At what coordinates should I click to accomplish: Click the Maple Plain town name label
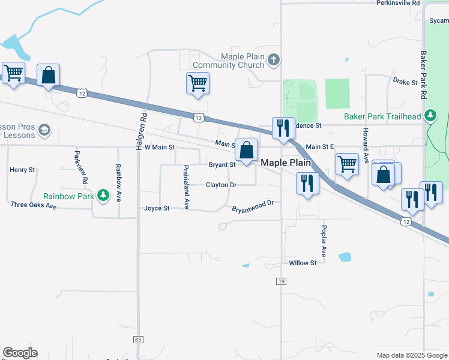pos(285,163)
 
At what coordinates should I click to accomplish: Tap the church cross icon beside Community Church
pos(274,59)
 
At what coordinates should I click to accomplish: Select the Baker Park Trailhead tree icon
pos(430,115)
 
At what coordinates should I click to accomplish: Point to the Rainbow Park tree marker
pos(103,195)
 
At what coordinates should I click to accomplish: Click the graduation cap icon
pos(44,130)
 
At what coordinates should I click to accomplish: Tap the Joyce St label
pos(157,208)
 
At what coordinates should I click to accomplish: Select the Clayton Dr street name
pos(221,185)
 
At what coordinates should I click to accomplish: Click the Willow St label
pos(302,263)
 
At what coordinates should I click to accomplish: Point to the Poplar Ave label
pos(324,241)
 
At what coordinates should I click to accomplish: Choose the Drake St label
pos(405,82)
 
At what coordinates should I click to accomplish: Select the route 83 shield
pos(139,339)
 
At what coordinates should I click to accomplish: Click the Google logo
pos(20,353)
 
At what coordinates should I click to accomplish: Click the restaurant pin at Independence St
pos(283,128)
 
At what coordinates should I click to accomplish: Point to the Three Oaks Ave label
pos(34,205)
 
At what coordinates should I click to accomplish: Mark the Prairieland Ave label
pos(186,187)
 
